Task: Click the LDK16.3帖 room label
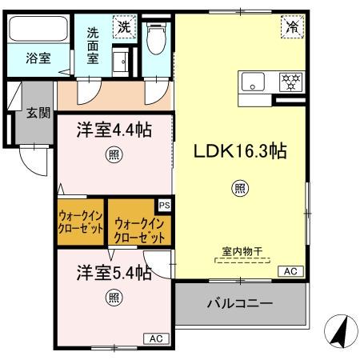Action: (238, 150)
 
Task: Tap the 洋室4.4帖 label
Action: (115, 129)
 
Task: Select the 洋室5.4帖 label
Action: (114, 273)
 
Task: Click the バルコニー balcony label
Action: (239, 304)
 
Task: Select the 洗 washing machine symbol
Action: (125, 26)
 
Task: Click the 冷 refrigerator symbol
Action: (291, 27)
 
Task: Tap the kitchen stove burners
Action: (289, 81)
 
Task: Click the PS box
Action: (164, 205)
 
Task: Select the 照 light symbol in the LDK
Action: (239, 188)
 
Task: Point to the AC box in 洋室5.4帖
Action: (157, 339)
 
